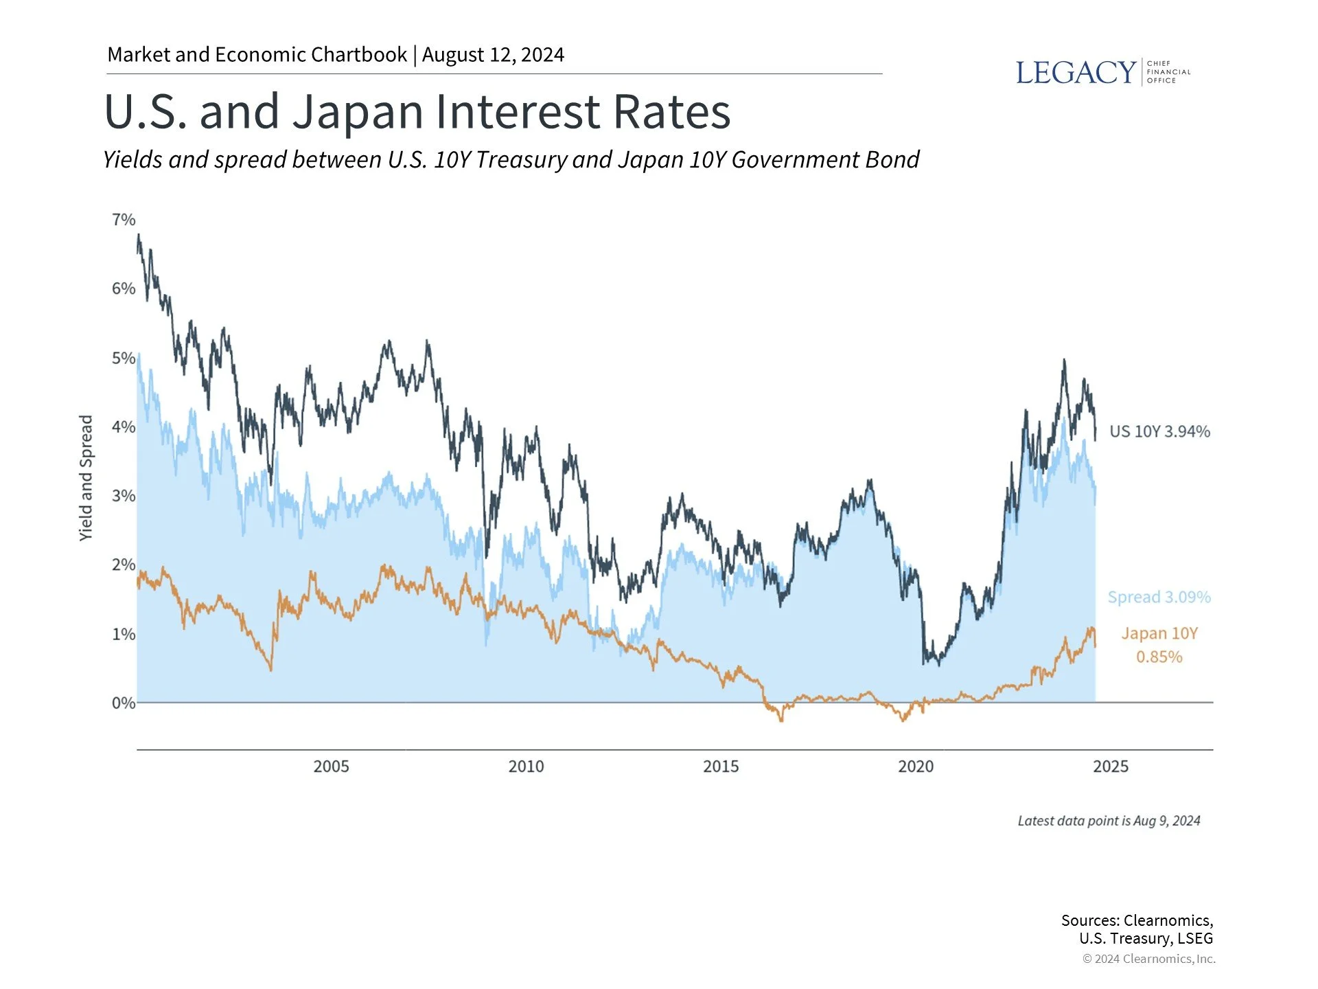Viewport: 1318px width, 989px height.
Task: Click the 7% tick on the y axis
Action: point(124,220)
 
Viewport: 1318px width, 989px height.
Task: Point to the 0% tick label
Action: point(124,703)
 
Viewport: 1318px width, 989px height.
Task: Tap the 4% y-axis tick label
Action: point(124,427)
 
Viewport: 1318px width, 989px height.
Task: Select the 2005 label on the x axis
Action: point(331,766)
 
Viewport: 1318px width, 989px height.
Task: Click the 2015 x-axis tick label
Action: point(721,766)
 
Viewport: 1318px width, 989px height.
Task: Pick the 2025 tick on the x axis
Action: point(1110,766)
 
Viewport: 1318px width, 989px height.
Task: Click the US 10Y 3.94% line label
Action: point(1159,431)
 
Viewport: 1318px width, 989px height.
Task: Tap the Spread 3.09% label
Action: point(1159,597)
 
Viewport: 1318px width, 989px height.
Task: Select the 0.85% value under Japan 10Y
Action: point(1159,657)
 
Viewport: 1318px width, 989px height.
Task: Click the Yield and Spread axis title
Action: point(86,478)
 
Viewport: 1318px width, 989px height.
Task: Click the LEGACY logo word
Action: point(1075,73)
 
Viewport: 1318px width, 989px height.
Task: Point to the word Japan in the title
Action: point(358,112)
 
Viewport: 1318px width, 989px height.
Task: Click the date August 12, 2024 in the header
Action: point(493,55)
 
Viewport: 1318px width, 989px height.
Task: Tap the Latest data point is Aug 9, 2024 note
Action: point(1109,821)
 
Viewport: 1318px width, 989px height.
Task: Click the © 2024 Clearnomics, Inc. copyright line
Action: point(1148,959)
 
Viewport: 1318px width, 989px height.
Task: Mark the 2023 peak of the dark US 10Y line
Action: point(1064,360)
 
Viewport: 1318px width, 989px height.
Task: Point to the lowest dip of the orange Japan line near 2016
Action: point(781,720)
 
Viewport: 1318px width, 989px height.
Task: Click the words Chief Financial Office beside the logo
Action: point(1168,72)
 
